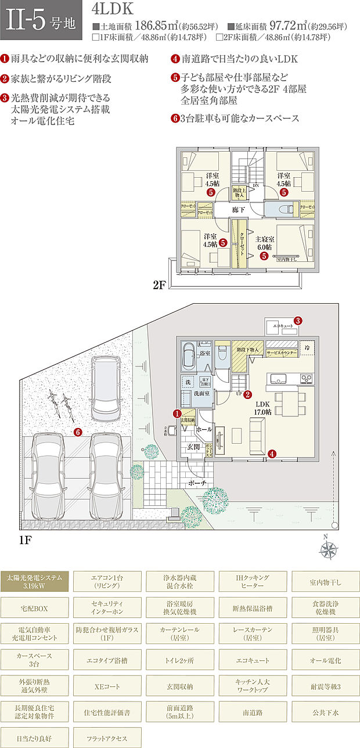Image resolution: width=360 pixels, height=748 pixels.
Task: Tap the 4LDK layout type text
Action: click(x=113, y=9)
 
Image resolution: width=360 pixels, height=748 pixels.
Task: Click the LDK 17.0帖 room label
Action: click(x=262, y=408)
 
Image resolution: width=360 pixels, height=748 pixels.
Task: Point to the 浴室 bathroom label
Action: click(x=204, y=353)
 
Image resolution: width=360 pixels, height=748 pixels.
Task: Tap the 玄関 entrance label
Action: click(x=193, y=447)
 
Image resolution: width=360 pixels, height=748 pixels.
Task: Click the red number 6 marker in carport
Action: click(x=78, y=431)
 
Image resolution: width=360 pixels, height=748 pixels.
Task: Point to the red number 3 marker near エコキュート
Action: click(x=297, y=320)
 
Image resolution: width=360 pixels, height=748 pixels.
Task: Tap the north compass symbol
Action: click(x=329, y=548)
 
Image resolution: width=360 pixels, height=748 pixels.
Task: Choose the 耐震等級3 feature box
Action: click(x=325, y=686)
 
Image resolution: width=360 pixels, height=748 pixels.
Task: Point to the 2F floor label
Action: click(x=161, y=285)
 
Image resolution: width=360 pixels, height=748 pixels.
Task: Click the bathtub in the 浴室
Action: click(x=189, y=355)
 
